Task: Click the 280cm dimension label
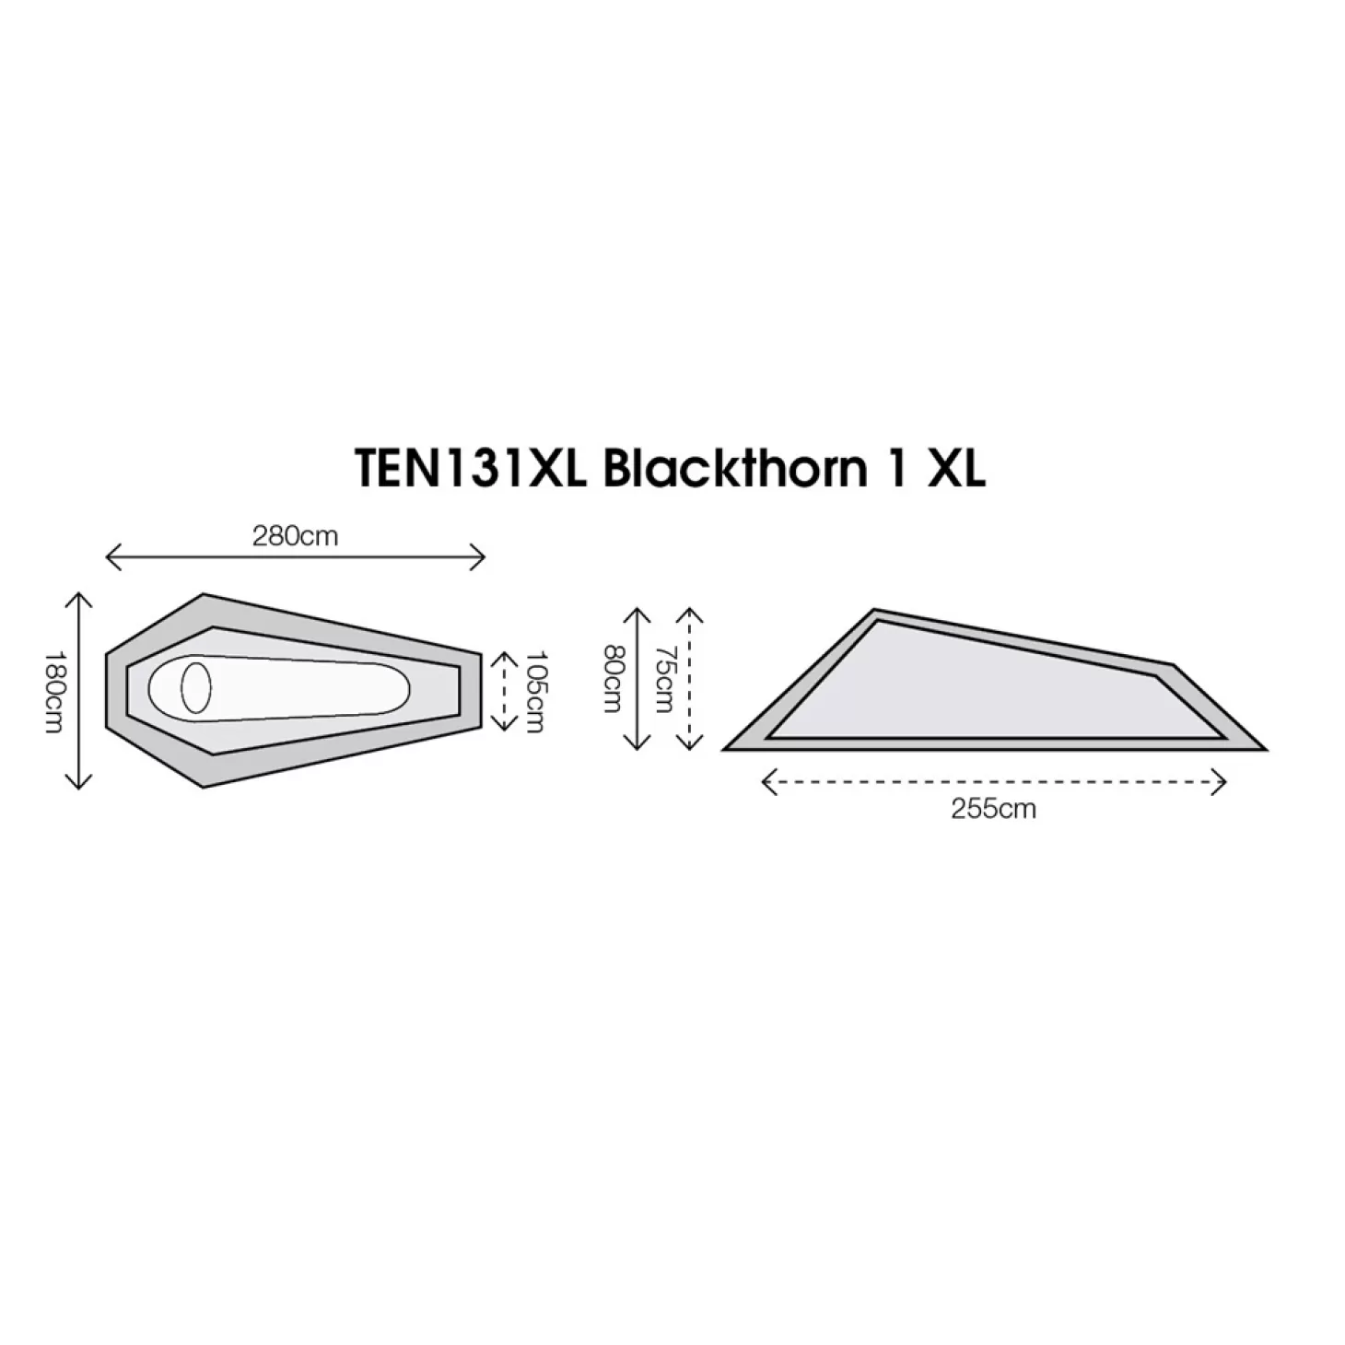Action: [295, 536]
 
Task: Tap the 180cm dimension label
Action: [54, 692]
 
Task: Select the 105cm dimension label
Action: [534, 692]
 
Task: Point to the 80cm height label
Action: [612, 678]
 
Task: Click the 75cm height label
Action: [664, 678]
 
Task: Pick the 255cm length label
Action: [993, 809]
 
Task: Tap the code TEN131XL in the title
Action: [471, 468]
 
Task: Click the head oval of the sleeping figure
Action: [196, 688]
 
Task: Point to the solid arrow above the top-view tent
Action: [295, 557]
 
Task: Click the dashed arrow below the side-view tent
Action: [993, 782]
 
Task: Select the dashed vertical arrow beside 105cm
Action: [505, 691]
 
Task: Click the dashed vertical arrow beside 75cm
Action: [690, 678]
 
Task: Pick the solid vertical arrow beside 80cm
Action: [637, 678]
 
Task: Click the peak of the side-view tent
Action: [874, 609]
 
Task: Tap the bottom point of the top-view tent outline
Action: [204, 788]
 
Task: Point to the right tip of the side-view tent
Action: [1266, 750]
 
